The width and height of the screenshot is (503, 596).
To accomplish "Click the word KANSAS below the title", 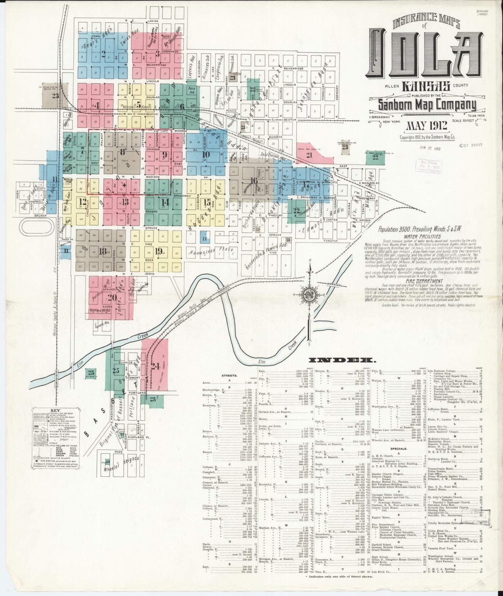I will (x=426, y=86).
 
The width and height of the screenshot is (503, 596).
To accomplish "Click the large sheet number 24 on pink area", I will (x=155, y=366).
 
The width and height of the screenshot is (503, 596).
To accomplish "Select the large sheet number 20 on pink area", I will (x=112, y=297).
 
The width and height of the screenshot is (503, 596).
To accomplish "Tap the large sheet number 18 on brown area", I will (x=102, y=251).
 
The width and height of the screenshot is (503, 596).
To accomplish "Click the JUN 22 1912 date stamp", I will (x=431, y=148).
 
